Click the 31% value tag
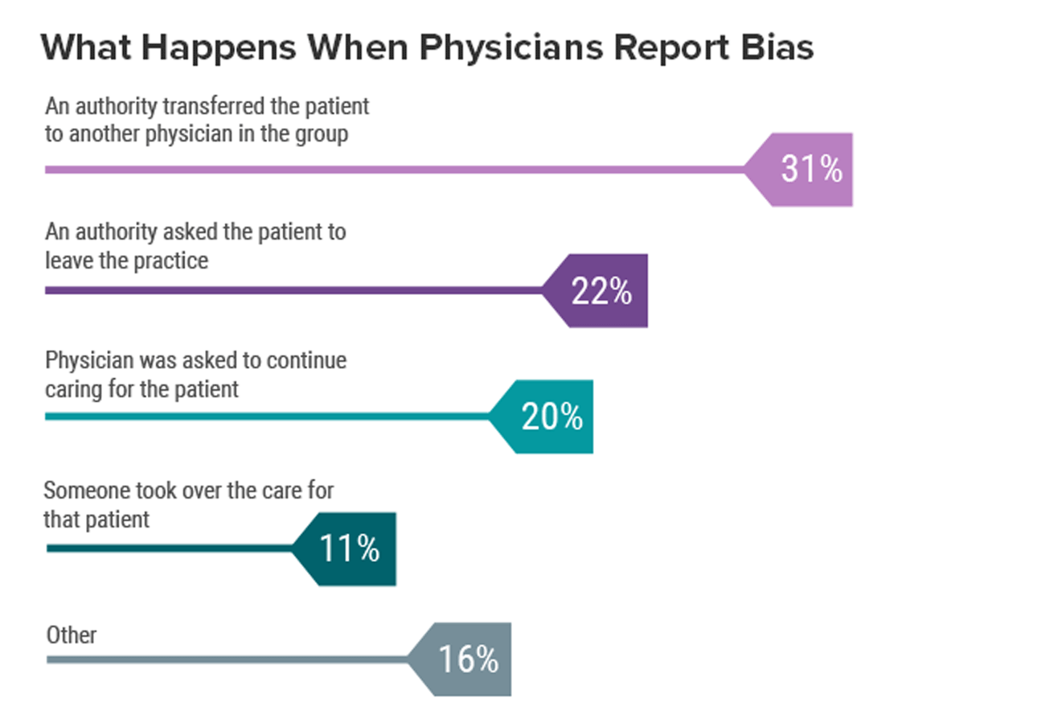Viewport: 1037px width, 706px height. coord(808,170)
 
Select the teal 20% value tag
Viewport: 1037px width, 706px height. coord(551,417)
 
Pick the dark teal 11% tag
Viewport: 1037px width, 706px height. coord(350,548)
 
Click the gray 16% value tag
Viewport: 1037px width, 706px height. coord(468,659)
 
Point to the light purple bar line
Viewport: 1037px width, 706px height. coord(394,170)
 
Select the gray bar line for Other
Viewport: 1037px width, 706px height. coord(225,659)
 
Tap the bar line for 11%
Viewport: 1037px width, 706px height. coord(169,548)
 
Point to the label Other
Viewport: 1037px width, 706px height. coord(71,635)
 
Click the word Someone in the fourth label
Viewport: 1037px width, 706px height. coord(80,491)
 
